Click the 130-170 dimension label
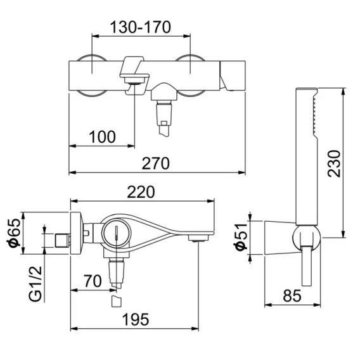pos(141,27)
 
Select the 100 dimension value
pos(102,137)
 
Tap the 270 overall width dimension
pos(156,164)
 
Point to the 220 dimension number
pos(141,192)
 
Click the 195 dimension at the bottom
pos(136,319)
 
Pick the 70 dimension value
pos(93,281)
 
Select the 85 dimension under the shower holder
pos(292,295)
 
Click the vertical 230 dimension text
pos(334,164)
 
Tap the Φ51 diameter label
pos(240,236)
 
